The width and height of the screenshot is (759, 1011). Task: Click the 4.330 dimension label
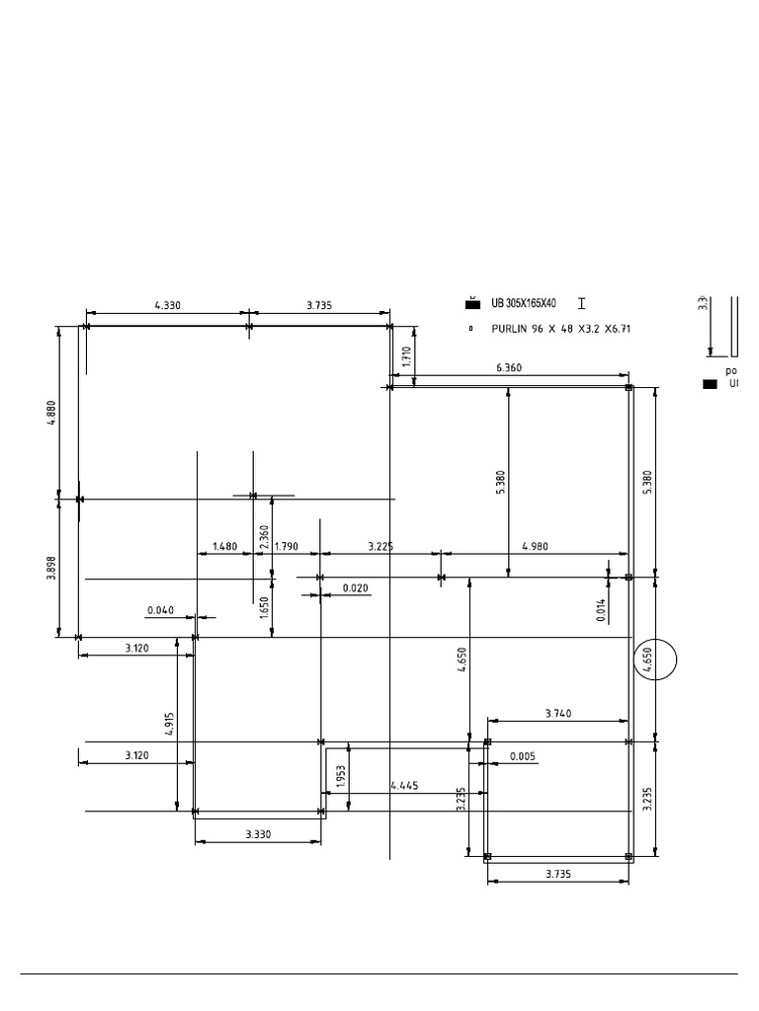169,306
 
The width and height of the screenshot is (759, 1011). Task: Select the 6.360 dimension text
509,367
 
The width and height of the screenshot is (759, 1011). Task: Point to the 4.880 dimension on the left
52,412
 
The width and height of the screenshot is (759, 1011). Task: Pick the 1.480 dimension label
225,546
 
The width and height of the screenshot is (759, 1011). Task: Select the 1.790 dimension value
286,546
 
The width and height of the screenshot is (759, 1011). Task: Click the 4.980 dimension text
535,546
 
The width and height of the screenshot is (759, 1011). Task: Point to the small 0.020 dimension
356,588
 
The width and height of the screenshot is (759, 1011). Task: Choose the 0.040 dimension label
160,610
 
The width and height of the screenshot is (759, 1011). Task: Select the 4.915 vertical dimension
169,724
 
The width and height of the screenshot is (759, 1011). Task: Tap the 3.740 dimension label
558,713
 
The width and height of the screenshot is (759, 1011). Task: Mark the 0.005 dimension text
523,757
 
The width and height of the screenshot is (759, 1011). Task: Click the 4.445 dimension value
404,786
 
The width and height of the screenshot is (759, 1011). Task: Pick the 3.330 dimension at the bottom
259,834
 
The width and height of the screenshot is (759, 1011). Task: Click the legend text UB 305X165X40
524,304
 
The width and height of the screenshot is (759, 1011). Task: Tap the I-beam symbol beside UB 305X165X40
581,304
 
